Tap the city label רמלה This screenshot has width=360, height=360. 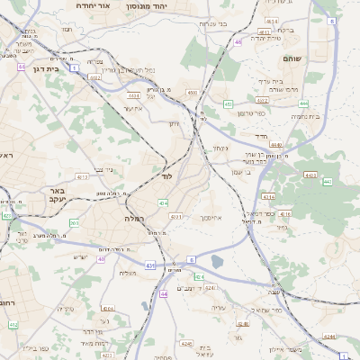point(135,218)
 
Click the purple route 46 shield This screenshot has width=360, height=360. point(238,41)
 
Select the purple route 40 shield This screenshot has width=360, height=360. point(103,259)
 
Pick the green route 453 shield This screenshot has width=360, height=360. point(229,104)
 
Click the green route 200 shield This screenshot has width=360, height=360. point(74,223)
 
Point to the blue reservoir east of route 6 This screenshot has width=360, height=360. point(217,262)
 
